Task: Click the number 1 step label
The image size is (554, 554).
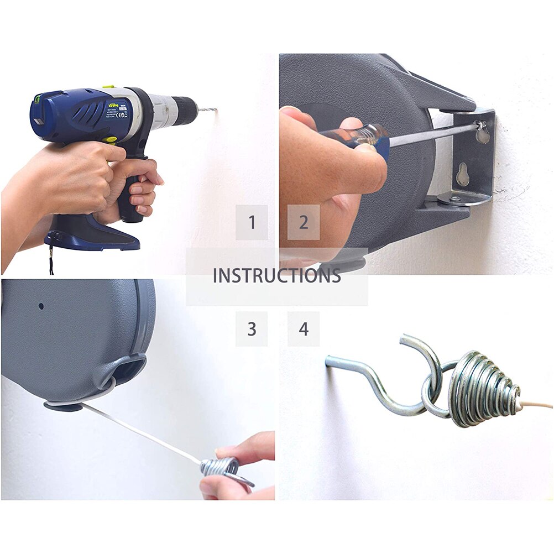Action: pyautogui.click(x=252, y=222)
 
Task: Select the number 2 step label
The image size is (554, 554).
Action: pyautogui.click(x=303, y=222)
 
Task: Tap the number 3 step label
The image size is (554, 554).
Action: pyautogui.click(x=252, y=329)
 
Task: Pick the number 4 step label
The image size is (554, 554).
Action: pyautogui.click(x=303, y=329)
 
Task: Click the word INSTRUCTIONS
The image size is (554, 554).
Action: pyautogui.click(x=276, y=275)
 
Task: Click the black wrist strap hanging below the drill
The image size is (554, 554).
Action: pyautogui.click(x=51, y=263)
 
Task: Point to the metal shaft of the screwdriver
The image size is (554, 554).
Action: pyautogui.click(x=431, y=133)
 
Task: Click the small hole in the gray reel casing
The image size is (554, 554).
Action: pyautogui.click(x=41, y=305)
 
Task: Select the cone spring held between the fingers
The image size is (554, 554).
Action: pyautogui.click(x=221, y=467)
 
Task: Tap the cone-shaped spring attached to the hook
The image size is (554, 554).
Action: pyautogui.click(x=481, y=390)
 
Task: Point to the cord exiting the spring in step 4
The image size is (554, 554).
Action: pyautogui.click(x=536, y=405)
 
